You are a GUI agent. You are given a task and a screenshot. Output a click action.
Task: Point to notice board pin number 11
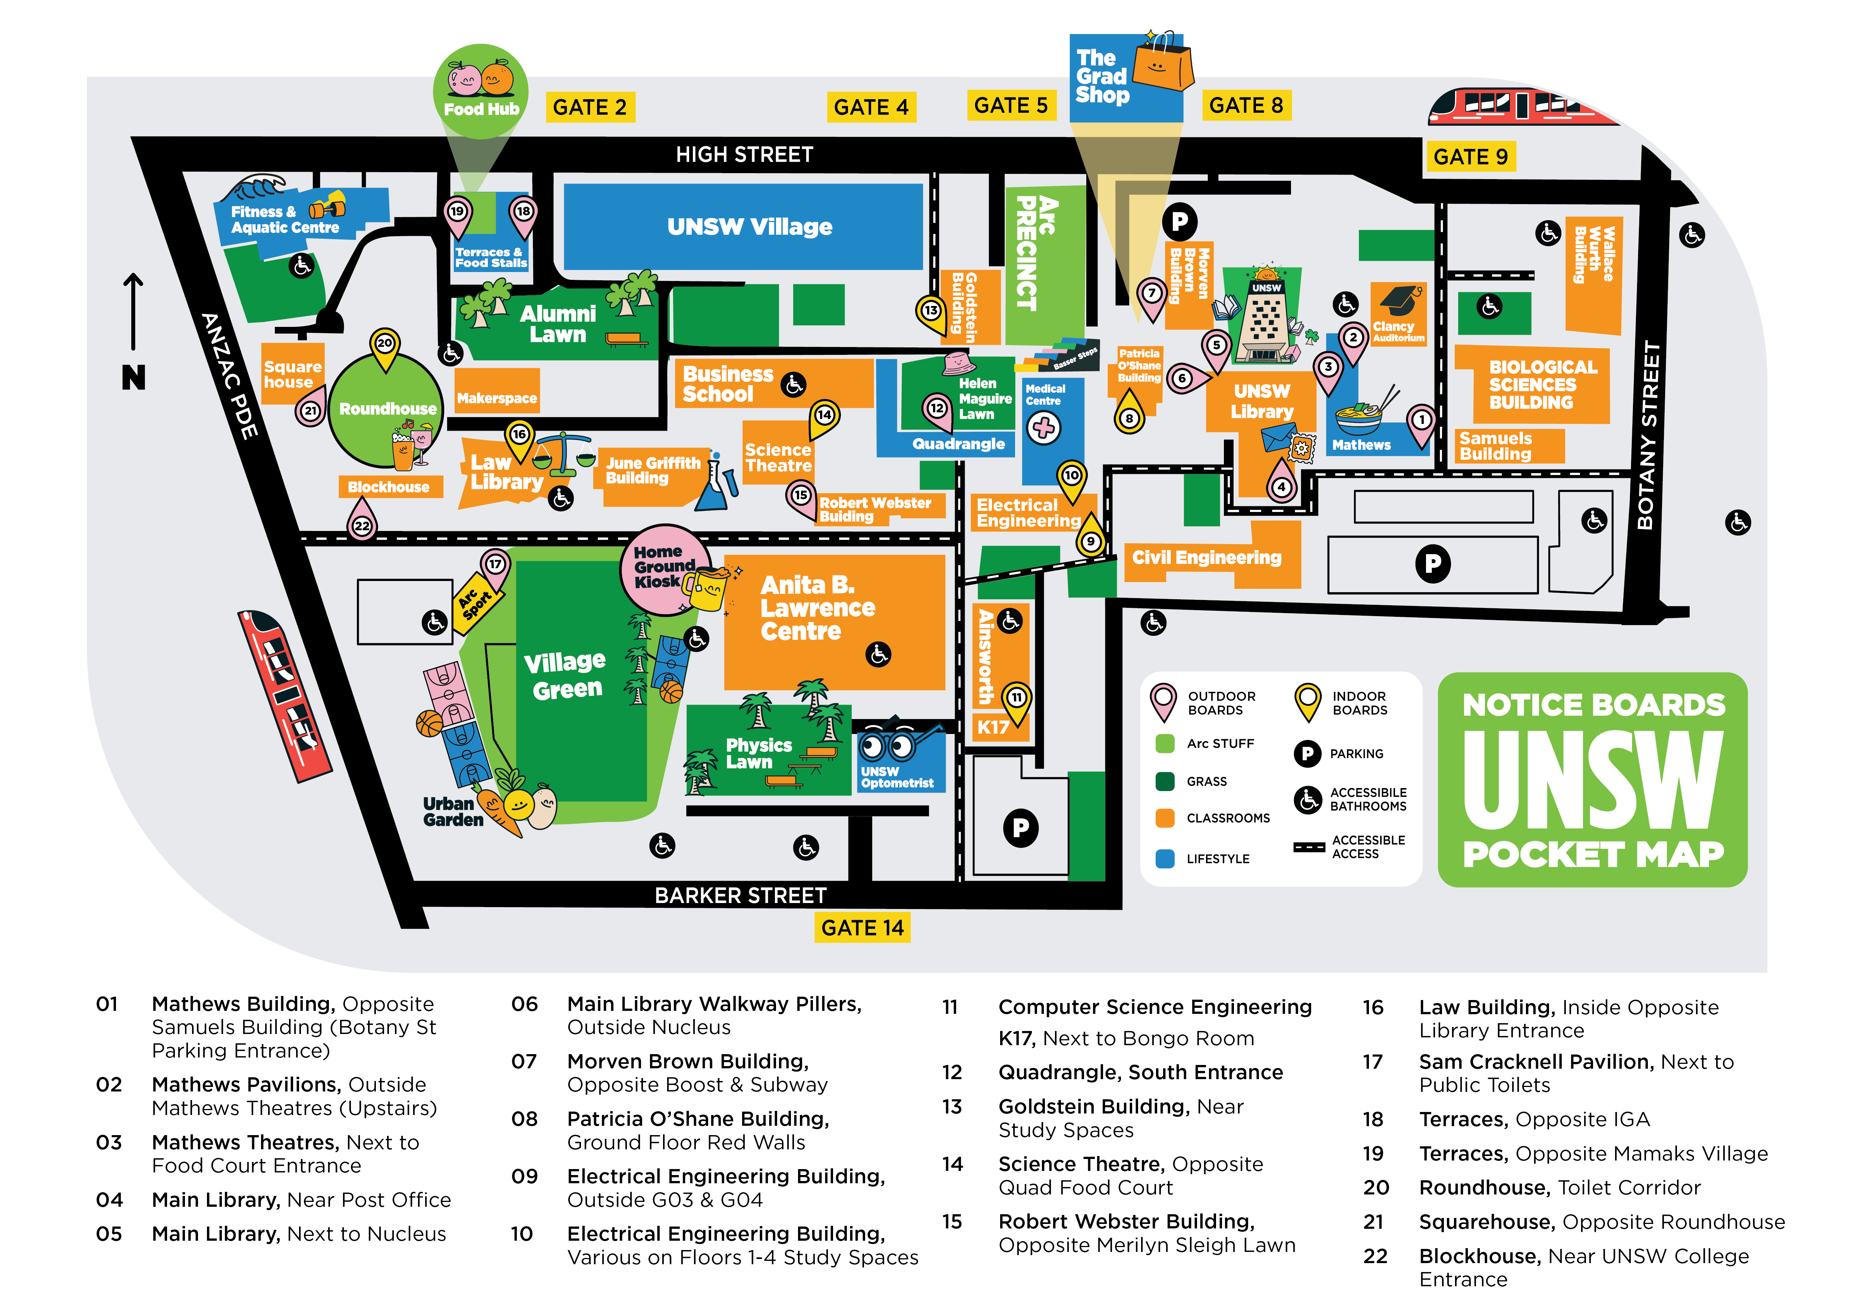pos(1017,698)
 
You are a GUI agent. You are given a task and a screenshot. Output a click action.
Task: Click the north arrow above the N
pos(133,310)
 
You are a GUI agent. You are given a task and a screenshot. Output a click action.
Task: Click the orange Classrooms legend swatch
pos(1164,818)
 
